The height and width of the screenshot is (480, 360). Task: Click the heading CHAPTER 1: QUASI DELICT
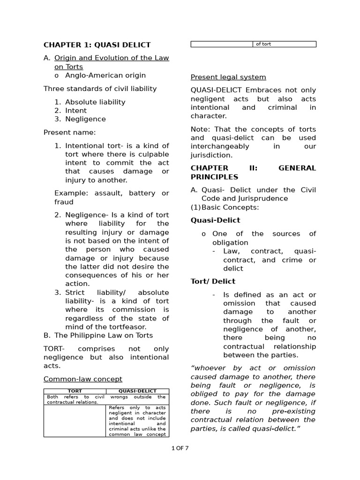point(97,45)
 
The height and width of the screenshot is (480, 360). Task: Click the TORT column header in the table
point(75,391)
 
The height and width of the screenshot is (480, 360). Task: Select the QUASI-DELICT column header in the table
point(137,391)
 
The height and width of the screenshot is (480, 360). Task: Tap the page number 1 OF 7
point(180,448)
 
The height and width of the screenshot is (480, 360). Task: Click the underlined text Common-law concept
point(83,379)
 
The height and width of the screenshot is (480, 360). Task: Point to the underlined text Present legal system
point(228,77)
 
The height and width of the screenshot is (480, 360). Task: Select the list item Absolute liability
point(95,102)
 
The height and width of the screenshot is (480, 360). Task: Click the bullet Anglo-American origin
point(105,75)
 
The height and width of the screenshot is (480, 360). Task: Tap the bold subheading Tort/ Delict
point(213,281)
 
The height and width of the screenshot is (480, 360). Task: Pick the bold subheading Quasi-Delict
point(215,220)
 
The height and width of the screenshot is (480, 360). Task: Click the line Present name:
point(69,132)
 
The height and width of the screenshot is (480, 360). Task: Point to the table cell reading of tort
point(263,44)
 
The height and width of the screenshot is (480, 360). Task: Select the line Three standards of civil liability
point(100,89)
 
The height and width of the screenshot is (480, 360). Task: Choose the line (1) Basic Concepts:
point(225,207)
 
